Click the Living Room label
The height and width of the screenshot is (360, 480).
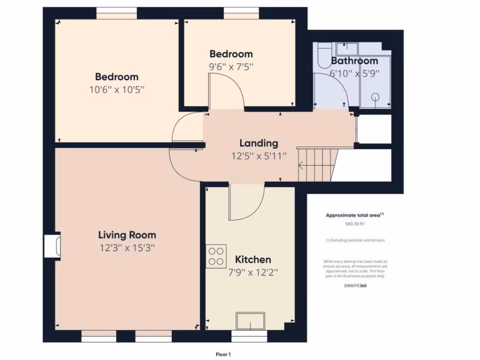[x=127, y=235]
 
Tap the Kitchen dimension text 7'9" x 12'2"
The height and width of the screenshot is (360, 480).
[x=253, y=273]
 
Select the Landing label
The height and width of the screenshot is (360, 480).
[x=259, y=143]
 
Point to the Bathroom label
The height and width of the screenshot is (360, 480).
[x=354, y=61]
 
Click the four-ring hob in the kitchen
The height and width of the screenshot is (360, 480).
[x=216, y=256]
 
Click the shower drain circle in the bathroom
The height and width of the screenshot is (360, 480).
[x=375, y=97]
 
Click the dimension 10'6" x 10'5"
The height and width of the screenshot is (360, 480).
[x=117, y=90]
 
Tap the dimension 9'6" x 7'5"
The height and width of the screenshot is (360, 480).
[x=231, y=67]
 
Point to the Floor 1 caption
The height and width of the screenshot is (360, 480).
[x=223, y=354]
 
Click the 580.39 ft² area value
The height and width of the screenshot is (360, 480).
[x=355, y=224]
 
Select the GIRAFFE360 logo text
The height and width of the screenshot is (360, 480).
[x=355, y=285]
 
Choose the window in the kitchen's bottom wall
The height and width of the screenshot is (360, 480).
[x=249, y=336]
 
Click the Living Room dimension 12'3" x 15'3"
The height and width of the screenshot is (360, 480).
[x=127, y=248]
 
